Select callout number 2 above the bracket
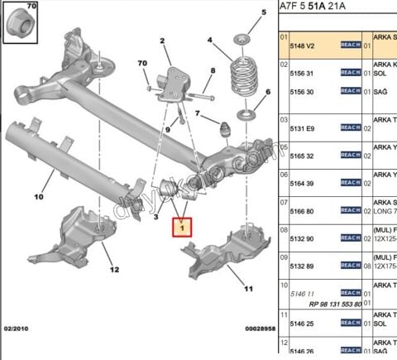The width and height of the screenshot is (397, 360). [163, 41]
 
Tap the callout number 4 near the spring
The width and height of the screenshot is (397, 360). [210, 41]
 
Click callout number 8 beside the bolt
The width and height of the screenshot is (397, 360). [212, 71]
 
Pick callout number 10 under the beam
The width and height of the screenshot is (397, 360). [38, 197]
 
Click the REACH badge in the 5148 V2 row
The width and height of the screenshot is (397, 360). [350, 46]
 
